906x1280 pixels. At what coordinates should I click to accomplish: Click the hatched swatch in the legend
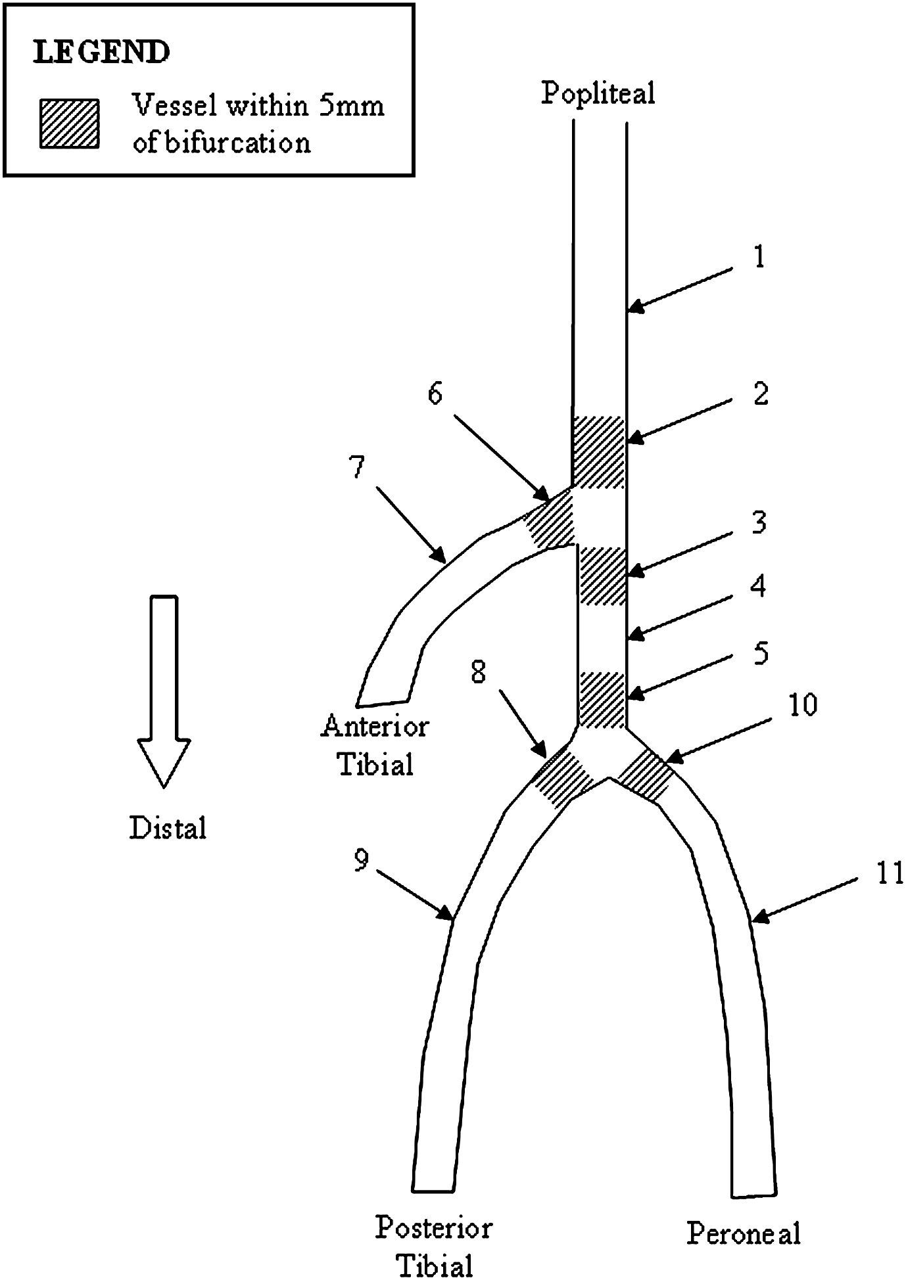(x=69, y=124)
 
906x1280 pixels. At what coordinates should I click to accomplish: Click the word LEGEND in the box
(x=101, y=53)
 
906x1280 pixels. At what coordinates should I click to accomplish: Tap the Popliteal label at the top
(x=598, y=93)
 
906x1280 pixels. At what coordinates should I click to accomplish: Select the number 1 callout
(x=759, y=257)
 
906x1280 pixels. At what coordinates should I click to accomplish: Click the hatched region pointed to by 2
(x=598, y=452)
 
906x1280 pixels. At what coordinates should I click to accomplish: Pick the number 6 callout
(x=435, y=394)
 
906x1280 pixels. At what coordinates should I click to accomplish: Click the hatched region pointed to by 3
(x=602, y=575)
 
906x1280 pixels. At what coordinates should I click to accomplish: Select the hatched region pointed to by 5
(x=601, y=699)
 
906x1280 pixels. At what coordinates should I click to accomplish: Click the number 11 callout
(x=890, y=875)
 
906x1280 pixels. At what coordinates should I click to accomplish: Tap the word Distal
(x=168, y=827)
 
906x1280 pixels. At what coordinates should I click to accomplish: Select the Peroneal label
(x=744, y=1233)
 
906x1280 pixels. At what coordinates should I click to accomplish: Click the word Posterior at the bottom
(x=434, y=1227)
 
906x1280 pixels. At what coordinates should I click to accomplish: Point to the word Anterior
(x=375, y=727)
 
